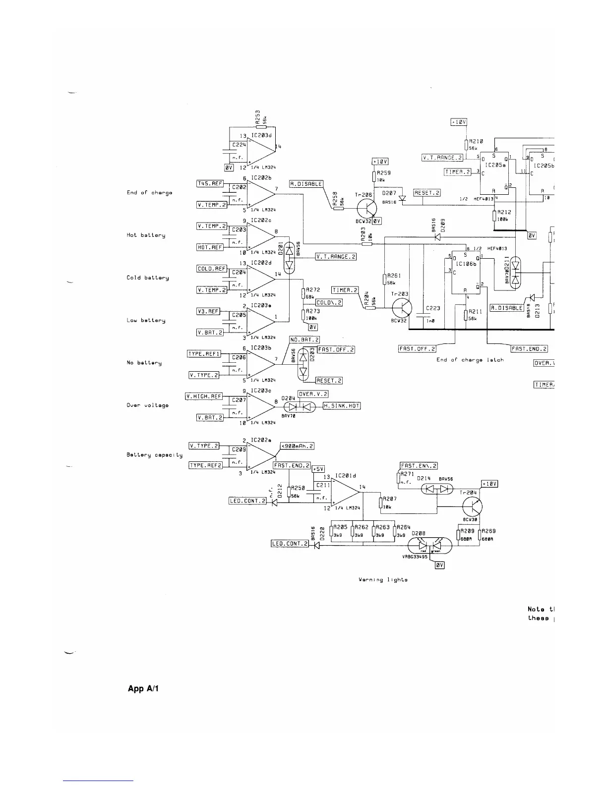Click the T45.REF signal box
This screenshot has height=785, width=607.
(x=210, y=184)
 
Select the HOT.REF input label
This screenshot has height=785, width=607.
(x=210, y=247)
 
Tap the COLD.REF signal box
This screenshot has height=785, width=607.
(x=212, y=269)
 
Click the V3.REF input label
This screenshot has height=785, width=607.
(x=208, y=311)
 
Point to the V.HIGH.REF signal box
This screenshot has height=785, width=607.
(x=204, y=396)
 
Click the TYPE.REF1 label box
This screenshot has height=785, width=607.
(x=204, y=354)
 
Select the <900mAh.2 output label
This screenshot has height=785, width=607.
(x=298, y=446)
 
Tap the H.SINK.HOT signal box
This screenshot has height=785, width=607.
(x=342, y=406)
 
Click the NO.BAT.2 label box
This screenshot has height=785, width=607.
(x=304, y=340)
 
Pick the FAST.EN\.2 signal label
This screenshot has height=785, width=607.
(x=419, y=466)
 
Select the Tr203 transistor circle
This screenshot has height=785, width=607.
(x=402, y=309)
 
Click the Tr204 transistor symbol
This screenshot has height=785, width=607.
(x=472, y=507)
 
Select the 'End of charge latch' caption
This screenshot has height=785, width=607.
(x=470, y=360)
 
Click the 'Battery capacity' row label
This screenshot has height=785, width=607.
(x=155, y=455)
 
